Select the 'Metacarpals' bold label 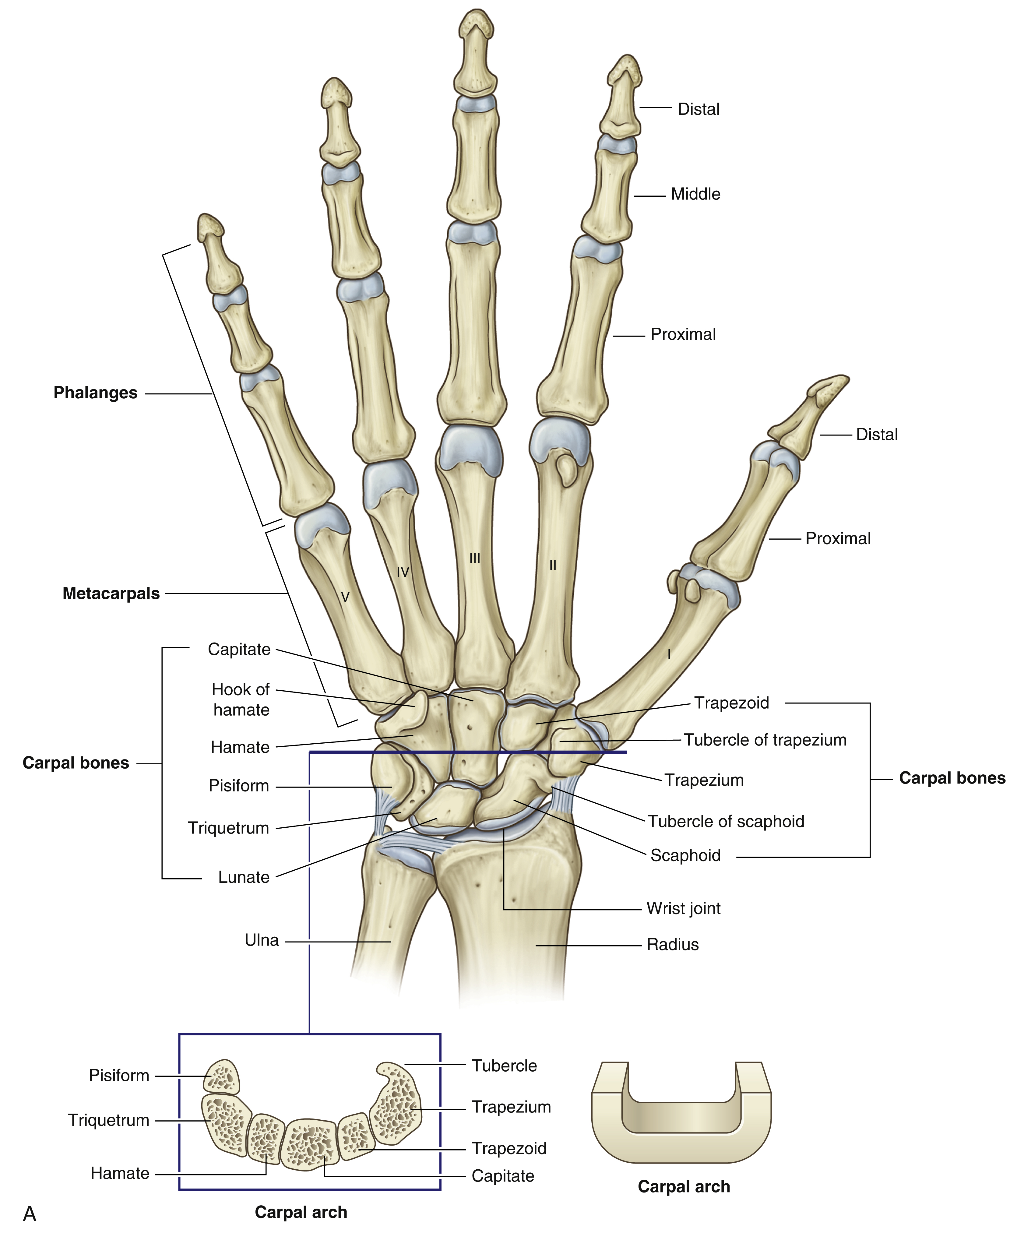coord(111,594)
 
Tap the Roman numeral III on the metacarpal coord(474,558)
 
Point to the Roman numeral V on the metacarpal coord(345,597)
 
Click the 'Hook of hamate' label coord(241,699)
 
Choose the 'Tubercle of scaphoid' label coord(725,821)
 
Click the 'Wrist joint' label coord(683,908)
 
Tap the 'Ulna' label coord(261,940)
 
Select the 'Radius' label coord(673,945)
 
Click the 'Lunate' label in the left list coord(244,877)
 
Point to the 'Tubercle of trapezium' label coord(765,740)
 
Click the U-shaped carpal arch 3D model coord(681,1113)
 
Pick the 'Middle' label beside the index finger coord(695,194)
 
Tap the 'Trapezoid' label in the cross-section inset coord(508,1148)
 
